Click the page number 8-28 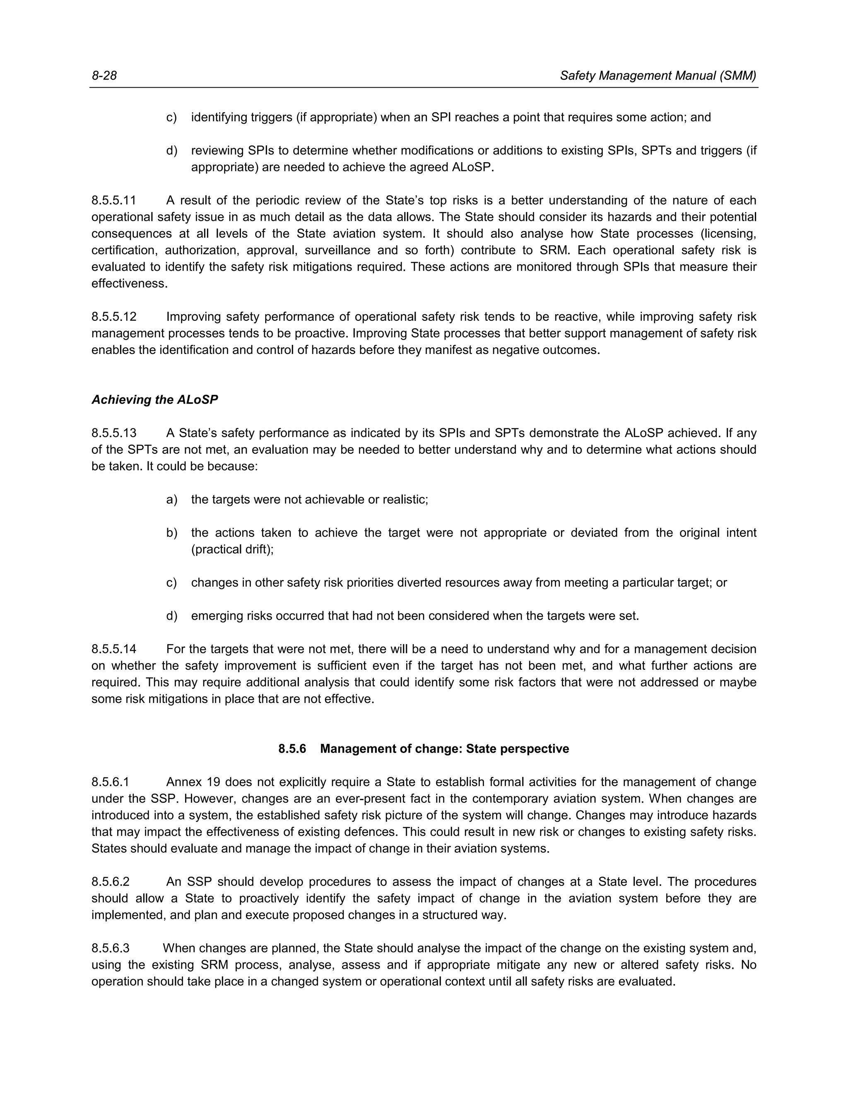[x=104, y=76]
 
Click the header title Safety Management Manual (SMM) [x=658, y=76]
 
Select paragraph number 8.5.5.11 [x=113, y=200]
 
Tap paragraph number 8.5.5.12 [x=113, y=317]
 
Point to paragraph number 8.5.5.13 [x=113, y=433]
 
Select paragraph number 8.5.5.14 [x=113, y=649]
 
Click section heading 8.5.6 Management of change [x=424, y=749]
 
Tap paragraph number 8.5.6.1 [x=111, y=782]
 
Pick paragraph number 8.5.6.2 [x=111, y=881]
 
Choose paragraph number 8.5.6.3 [x=111, y=948]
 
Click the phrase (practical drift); [x=232, y=549]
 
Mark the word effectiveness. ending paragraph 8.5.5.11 [x=129, y=283]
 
